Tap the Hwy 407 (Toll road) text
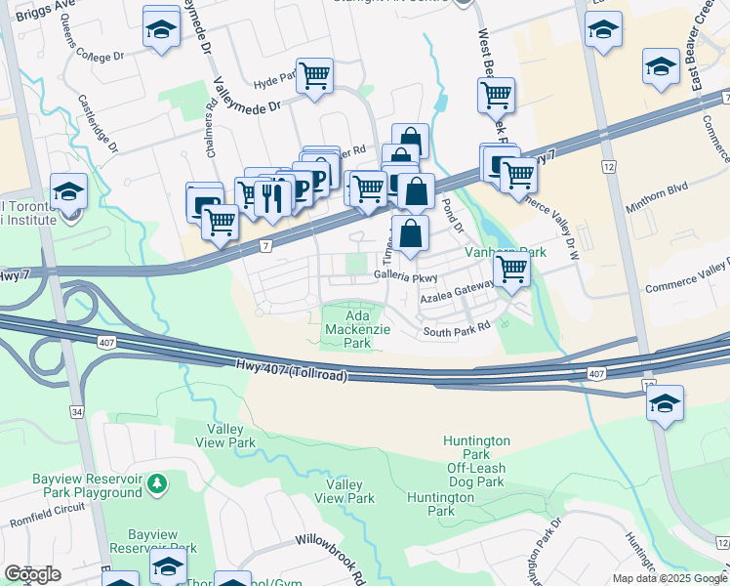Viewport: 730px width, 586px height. (x=292, y=369)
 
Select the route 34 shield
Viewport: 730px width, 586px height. (x=76, y=411)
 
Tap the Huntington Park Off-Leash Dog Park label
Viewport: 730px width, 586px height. (x=476, y=461)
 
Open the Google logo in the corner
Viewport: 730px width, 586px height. (x=32, y=574)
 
